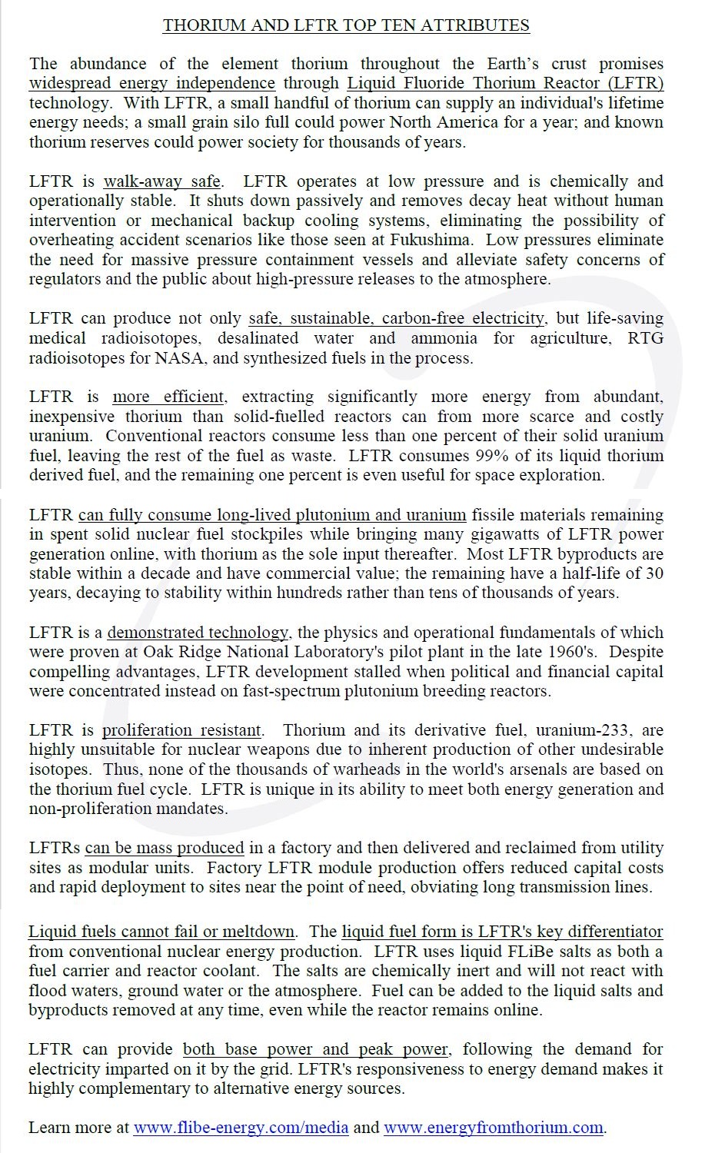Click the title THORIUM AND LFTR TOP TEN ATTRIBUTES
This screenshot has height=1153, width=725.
click(x=346, y=25)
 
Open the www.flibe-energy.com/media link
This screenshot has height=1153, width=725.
click(x=241, y=1128)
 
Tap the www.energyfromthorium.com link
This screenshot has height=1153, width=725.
click(x=494, y=1128)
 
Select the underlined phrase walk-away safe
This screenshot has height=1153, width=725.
click(x=162, y=181)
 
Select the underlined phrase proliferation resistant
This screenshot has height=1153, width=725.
click(x=182, y=730)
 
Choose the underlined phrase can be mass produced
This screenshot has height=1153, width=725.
click(x=165, y=848)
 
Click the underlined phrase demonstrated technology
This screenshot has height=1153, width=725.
click(x=198, y=633)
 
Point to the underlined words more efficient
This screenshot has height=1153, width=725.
click(x=168, y=397)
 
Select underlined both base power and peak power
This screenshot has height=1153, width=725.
click(x=315, y=1049)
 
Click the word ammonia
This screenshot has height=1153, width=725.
click(x=444, y=338)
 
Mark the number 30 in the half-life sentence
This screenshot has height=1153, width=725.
click(x=653, y=573)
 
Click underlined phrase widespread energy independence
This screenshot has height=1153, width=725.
click(x=152, y=83)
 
